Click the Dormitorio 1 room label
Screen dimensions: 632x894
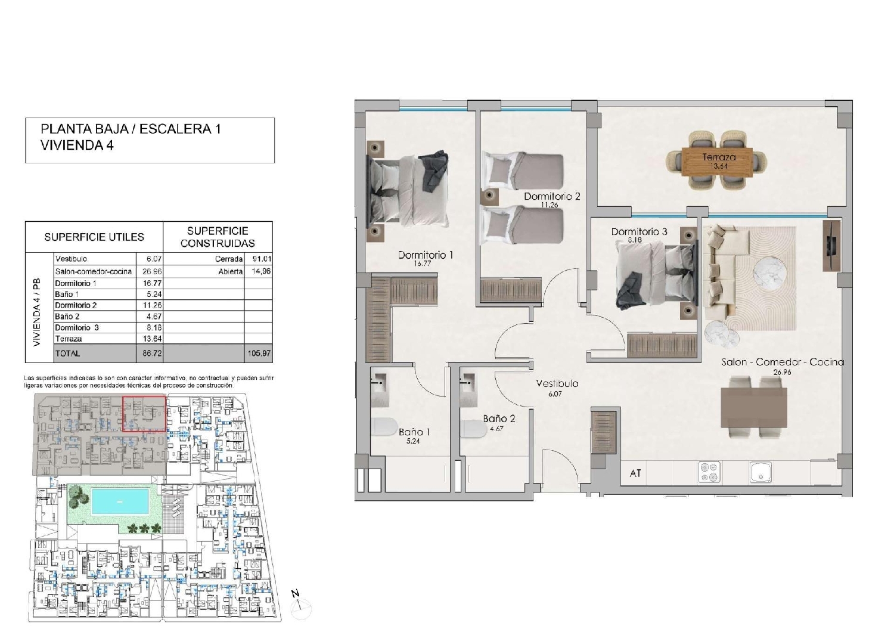(x=426, y=255)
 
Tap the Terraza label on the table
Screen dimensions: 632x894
(x=719, y=157)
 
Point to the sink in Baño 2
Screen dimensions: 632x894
(x=468, y=381)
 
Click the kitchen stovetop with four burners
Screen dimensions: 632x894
(x=709, y=473)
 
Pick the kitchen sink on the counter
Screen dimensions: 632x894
(x=760, y=473)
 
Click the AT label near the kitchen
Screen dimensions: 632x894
(x=635, y=473)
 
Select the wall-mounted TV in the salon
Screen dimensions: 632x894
(x=831, y=244)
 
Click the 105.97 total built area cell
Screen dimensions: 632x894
(x=259, y=354)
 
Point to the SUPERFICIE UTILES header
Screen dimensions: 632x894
(x=94, y=237)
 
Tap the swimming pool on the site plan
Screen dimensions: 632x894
(x=120, y=501)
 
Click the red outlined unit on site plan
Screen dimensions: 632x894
(x=144, y=414)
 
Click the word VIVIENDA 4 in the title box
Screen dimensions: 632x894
(x=77, y=145)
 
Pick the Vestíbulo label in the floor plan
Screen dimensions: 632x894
(x=557, y=383)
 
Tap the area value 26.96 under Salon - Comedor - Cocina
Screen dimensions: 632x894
(x=782, y=372)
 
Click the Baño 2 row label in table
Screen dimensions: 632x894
(x=67, y=317)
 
